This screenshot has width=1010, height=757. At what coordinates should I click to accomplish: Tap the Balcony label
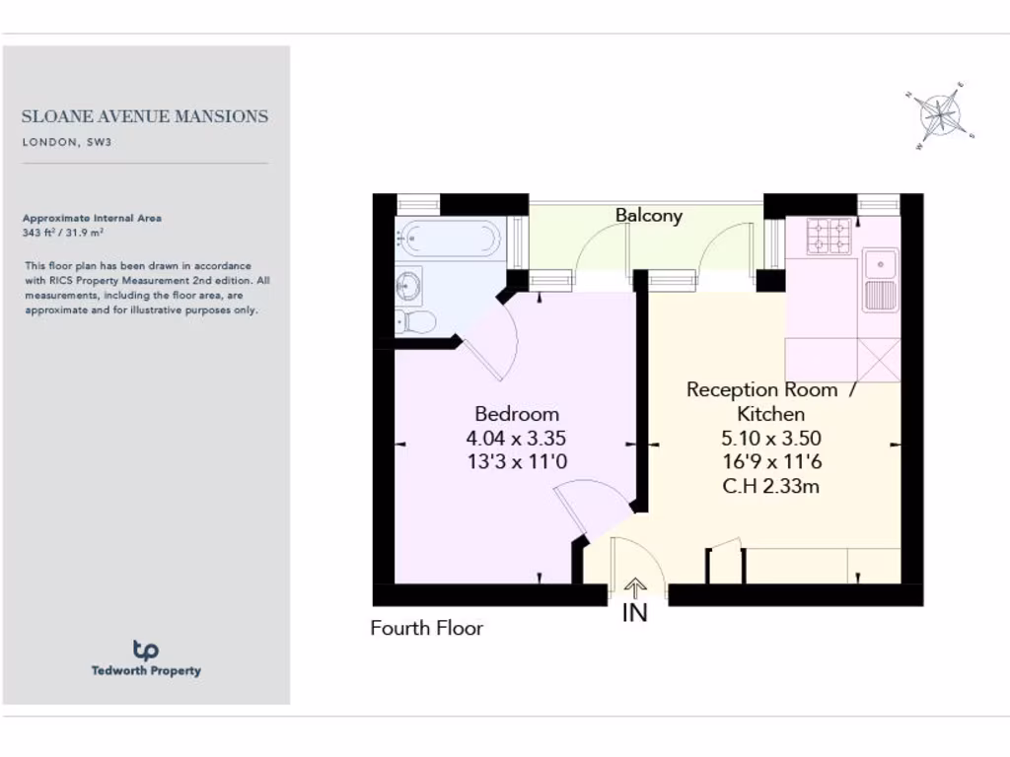pos(648,215)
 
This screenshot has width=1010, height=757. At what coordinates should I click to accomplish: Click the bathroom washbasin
pos(408,287)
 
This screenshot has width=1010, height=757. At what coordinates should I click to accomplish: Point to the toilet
pos(413,321)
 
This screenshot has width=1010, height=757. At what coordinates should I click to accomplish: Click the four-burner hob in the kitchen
pos(829,236)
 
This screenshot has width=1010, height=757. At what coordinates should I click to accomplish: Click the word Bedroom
pos(516,414)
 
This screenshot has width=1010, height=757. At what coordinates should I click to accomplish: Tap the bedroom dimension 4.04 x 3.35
pos(516,439)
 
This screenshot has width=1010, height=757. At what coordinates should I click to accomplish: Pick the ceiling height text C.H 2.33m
pos(770,485)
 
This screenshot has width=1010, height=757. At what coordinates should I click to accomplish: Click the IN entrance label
pos(635,613)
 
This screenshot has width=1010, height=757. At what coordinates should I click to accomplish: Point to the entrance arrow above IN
pos(635,588)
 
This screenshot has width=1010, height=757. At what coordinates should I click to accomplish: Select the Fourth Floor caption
pos(426,628)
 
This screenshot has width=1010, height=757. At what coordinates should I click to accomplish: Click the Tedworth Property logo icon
pos(146,650)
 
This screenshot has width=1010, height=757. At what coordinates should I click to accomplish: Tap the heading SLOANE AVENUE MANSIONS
pos(145,116)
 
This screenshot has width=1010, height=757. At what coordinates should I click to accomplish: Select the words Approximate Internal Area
pos(91,218)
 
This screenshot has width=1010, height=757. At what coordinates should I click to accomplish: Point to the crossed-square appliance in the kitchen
pos(879,359)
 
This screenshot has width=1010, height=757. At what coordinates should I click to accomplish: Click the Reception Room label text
pos(761,390)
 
